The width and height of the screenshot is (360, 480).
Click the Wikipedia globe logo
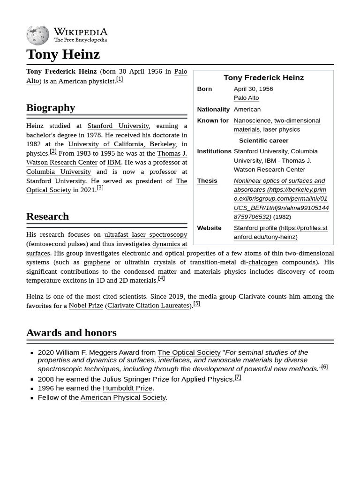tap(37, 36)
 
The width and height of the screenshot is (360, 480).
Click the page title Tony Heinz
tap(63, 54)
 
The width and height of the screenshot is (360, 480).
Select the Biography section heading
tap(51, 108)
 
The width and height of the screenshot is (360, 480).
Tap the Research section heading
tap(47, 217)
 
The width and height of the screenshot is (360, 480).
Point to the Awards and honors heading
tap(71, 333)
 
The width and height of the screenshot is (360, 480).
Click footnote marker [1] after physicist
tap(120, 79)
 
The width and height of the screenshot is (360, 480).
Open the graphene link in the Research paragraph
tap(97, 262)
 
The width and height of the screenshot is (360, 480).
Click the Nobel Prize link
tap(86, 306)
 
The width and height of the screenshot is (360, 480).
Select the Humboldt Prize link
tap(127, 388)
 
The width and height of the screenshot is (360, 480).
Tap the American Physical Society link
tap(123, 397)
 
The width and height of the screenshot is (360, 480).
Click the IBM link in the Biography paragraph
tap(114, 163)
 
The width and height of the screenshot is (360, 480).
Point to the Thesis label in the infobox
tap(207, 181)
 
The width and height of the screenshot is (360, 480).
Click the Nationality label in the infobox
tap(213, 109)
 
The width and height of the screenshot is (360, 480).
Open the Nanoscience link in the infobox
tap(252, 120)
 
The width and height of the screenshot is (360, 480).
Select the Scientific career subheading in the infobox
tap(263, 141)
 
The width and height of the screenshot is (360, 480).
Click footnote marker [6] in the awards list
tap(324, 367)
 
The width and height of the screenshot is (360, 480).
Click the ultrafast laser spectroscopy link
tap(145, 234)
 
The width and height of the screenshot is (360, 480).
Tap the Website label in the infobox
tap(209, 228)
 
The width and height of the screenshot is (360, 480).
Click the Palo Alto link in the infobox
tap(246, 98)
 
